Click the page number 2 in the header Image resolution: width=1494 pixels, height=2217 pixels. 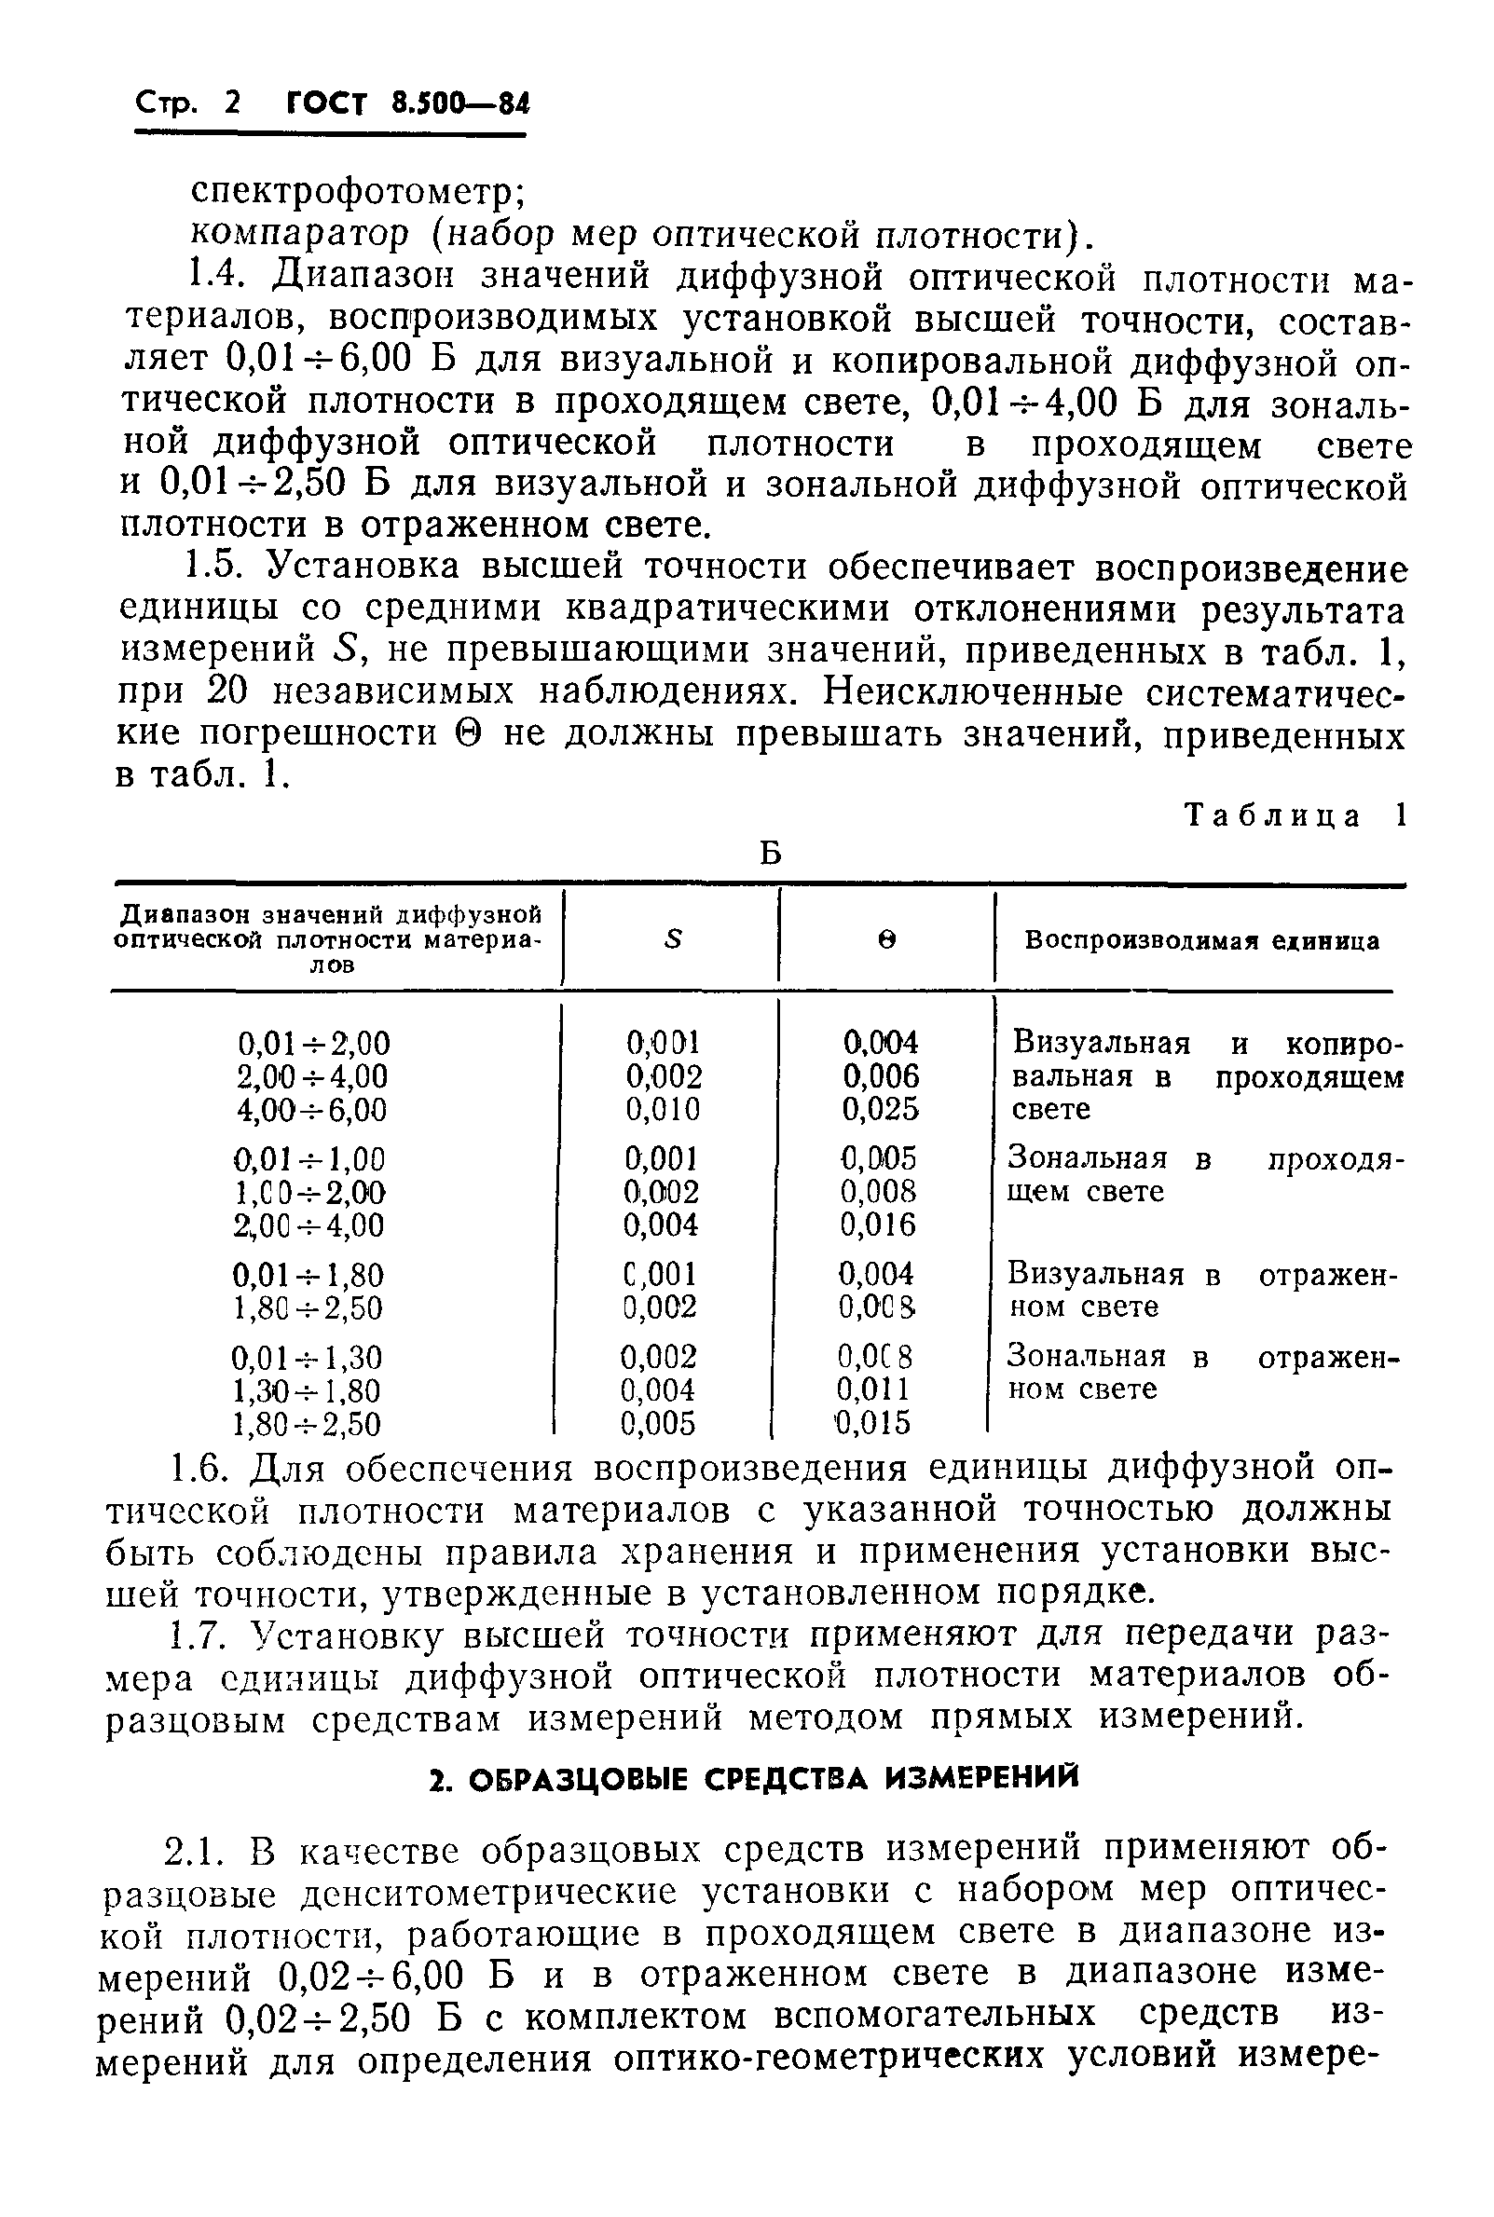click(x=231, y=103)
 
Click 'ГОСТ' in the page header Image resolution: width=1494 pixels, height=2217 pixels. click(x=325, y=103)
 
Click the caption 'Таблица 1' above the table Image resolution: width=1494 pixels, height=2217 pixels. click(x=1293, y=815)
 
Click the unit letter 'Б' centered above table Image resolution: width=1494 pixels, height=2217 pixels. click(x=770, y=854)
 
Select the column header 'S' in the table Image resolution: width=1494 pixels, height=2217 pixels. click(x=674, y=940)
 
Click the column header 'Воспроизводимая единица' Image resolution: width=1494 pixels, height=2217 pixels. click(x=1200, y=940)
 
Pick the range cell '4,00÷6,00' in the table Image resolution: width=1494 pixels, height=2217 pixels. click(x=312, y=1110)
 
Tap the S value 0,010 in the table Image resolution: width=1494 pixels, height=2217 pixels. click(x=663, y=1110)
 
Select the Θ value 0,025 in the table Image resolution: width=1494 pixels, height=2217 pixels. click(x=881, y=1110)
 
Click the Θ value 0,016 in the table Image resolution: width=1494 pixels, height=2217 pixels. click(x=878, y=1225)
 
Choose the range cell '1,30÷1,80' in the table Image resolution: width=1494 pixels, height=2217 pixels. click(x=307, y=1390)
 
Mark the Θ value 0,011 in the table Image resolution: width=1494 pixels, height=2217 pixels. click(x=874, y=1389)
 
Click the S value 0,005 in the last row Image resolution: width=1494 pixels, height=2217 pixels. click(x=658, y=1423)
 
